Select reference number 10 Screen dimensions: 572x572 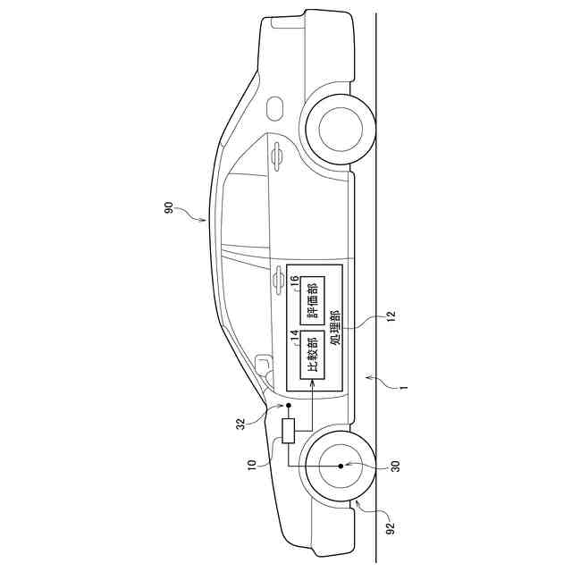coord(251,464)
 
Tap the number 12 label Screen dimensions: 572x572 coord(391,315)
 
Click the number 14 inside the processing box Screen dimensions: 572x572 coord(293,337)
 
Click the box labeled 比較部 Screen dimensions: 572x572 coord(311,356)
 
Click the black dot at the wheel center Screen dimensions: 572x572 coord(341,466)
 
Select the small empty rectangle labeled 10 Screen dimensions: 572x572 coord(289,432)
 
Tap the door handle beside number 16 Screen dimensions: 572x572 coord(278,282)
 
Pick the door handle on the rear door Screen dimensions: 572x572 coord(278,157)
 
